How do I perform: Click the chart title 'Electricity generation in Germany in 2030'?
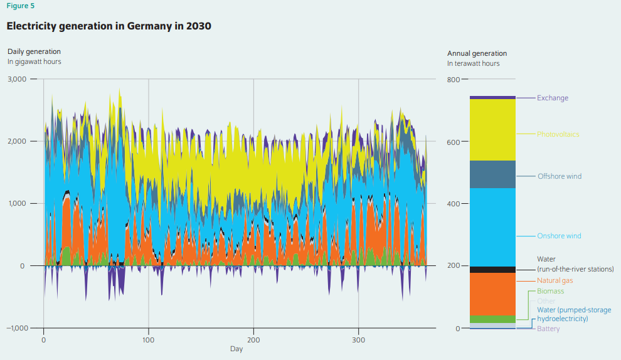(x=109, y=26)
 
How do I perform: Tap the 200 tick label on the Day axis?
(x=253, y=339)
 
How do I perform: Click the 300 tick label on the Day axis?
(x=358, y=339)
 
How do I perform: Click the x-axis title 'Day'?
(x=236, y=349)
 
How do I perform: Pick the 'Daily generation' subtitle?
(x=34, y=51)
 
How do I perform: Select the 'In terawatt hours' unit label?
(x=473, y=64)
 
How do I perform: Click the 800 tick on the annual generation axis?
(x=454, y=80)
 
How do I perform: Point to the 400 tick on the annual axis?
(x=454, y=204)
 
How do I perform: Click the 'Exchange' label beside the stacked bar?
(x=552, y=98)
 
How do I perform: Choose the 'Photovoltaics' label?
(x=558, y=134)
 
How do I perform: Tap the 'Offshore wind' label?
(x=559, y=176)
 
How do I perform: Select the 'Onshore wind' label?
(x=558, y=236)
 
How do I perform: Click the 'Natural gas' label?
(x=555, y=280)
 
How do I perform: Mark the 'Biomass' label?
(x=550, y=291)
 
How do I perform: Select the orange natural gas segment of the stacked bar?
(x=492, y=294)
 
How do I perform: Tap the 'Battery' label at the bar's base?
(x=548, y=329)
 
